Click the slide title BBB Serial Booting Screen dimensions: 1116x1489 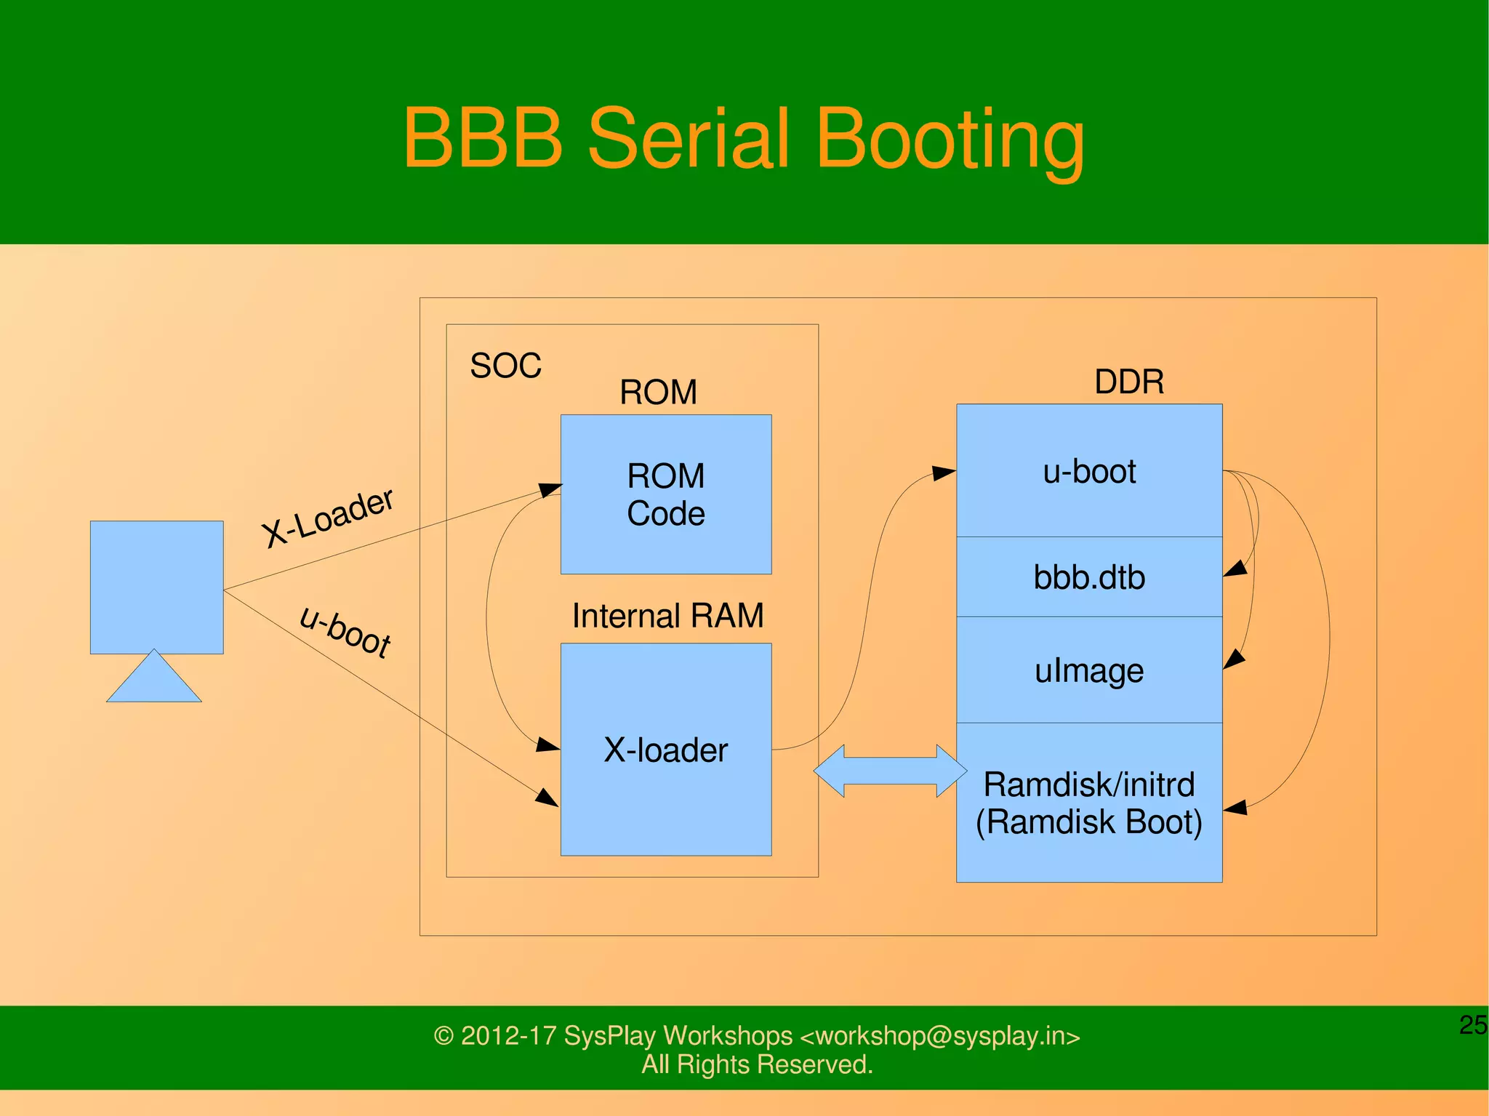pos(744,138)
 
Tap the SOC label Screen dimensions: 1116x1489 pos(505,366)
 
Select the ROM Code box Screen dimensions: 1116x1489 pos(665,494)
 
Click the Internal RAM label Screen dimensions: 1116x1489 pos(667,616)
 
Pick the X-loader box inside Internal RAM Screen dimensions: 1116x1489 pos(665,750)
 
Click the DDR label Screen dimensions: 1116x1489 pos(1128,382)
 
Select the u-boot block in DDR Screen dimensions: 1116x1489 pos(1088,471)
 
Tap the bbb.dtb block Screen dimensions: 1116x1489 pos(1088,577)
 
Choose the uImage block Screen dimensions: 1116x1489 pos(1088,670)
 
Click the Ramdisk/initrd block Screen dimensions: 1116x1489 pos(1088,803)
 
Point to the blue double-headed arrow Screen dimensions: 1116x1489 pos(890,771)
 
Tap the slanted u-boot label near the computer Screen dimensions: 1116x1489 pos(346,630)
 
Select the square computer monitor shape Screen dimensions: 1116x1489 pos(156,587)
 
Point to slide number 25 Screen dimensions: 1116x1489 pos(1473,1024)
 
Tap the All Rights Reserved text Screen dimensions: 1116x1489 pos(756,1064)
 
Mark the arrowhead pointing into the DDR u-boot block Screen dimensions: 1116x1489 pos(944,473)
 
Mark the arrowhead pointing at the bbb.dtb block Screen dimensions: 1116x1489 pos(1235,569)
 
